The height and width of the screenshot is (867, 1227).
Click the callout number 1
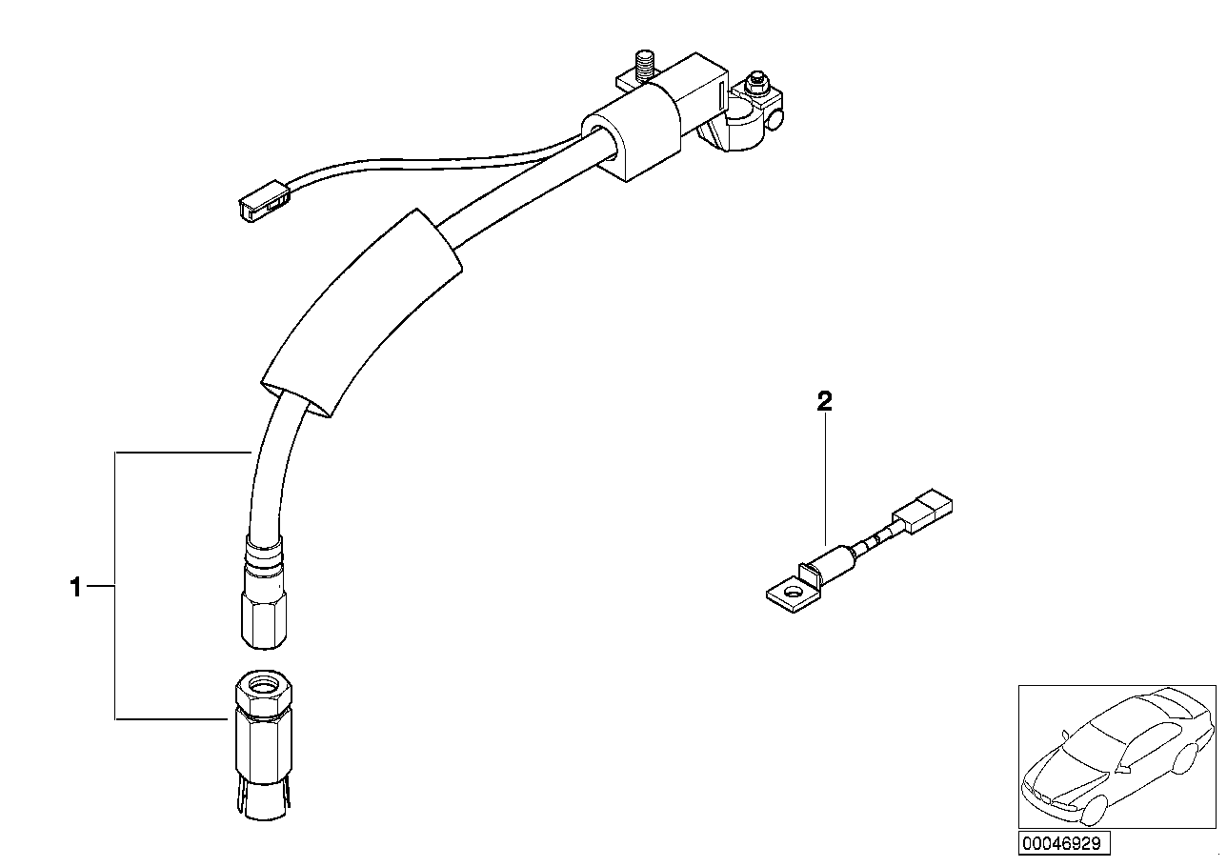pos(76,588)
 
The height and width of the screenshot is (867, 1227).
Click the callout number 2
pos(825,401)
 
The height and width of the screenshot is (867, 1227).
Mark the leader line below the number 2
pos(825,476)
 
